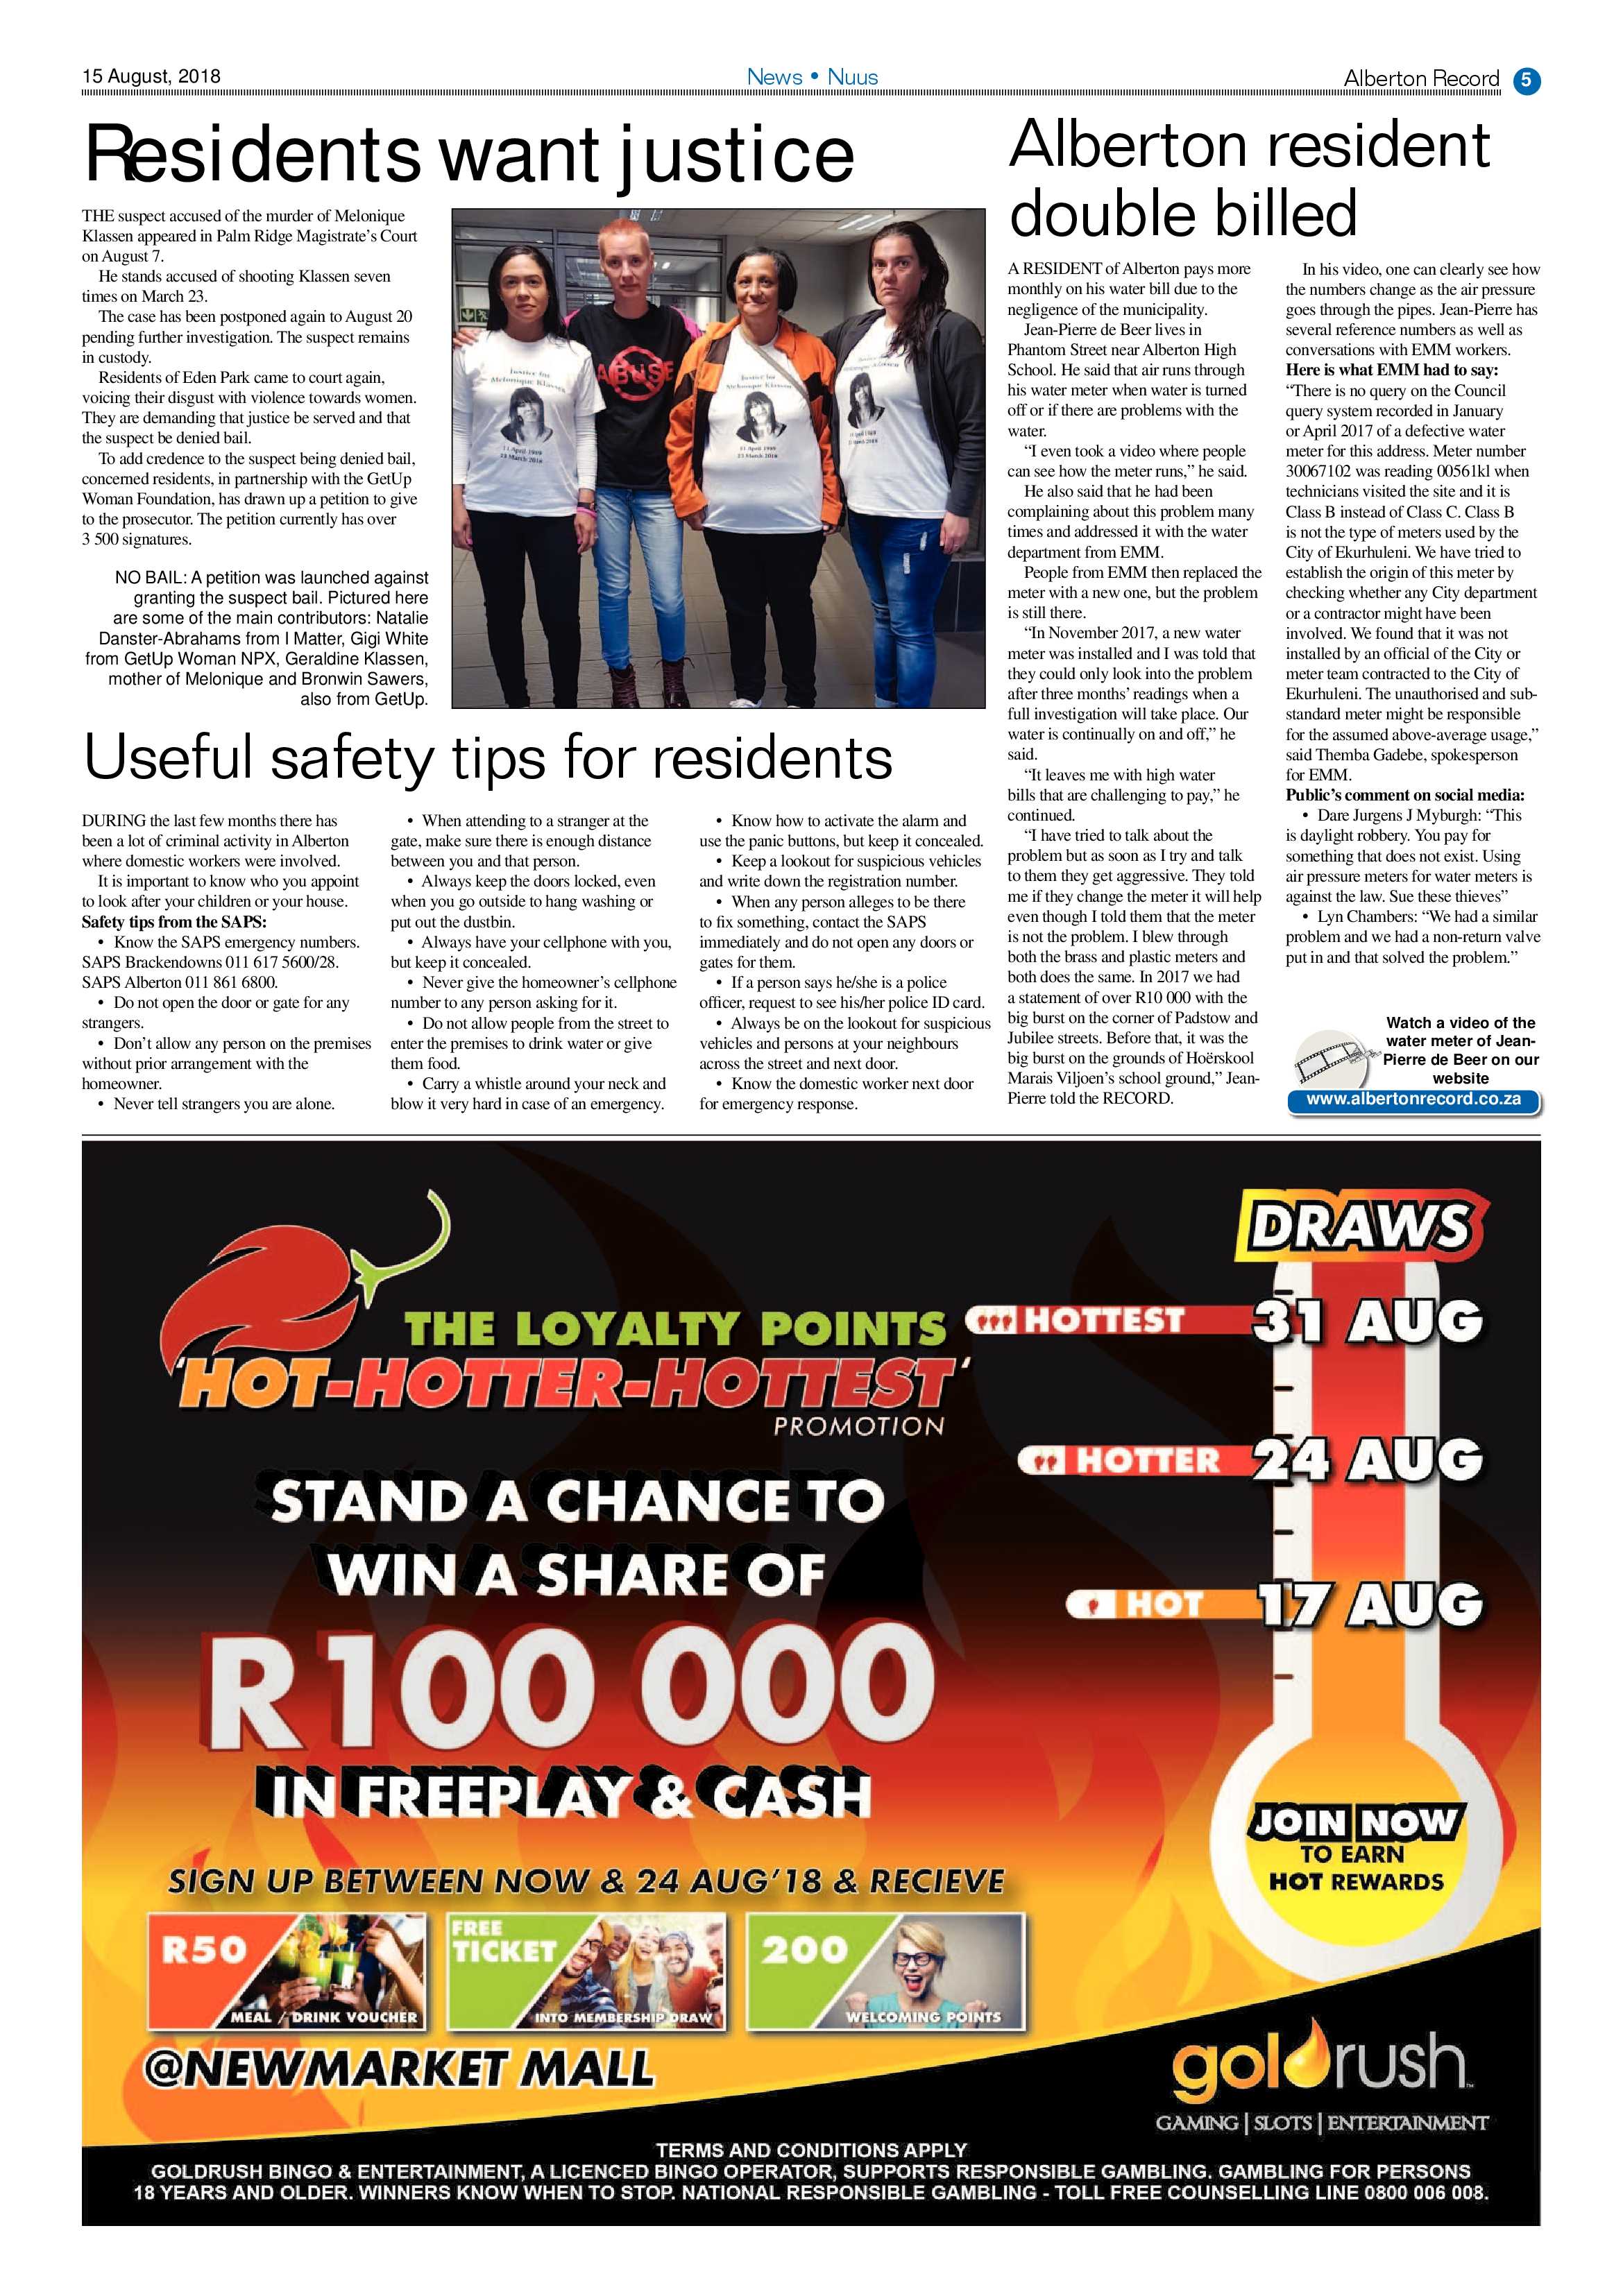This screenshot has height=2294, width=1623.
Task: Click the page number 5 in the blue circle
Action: (x=1526, y=79)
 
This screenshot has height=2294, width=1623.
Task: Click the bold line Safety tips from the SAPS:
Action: (x=174, y=921)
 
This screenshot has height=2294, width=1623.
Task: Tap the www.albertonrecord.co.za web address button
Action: (x=1413, y=1099)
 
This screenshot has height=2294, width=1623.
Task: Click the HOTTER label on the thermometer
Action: (x=1146, y=1462)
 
